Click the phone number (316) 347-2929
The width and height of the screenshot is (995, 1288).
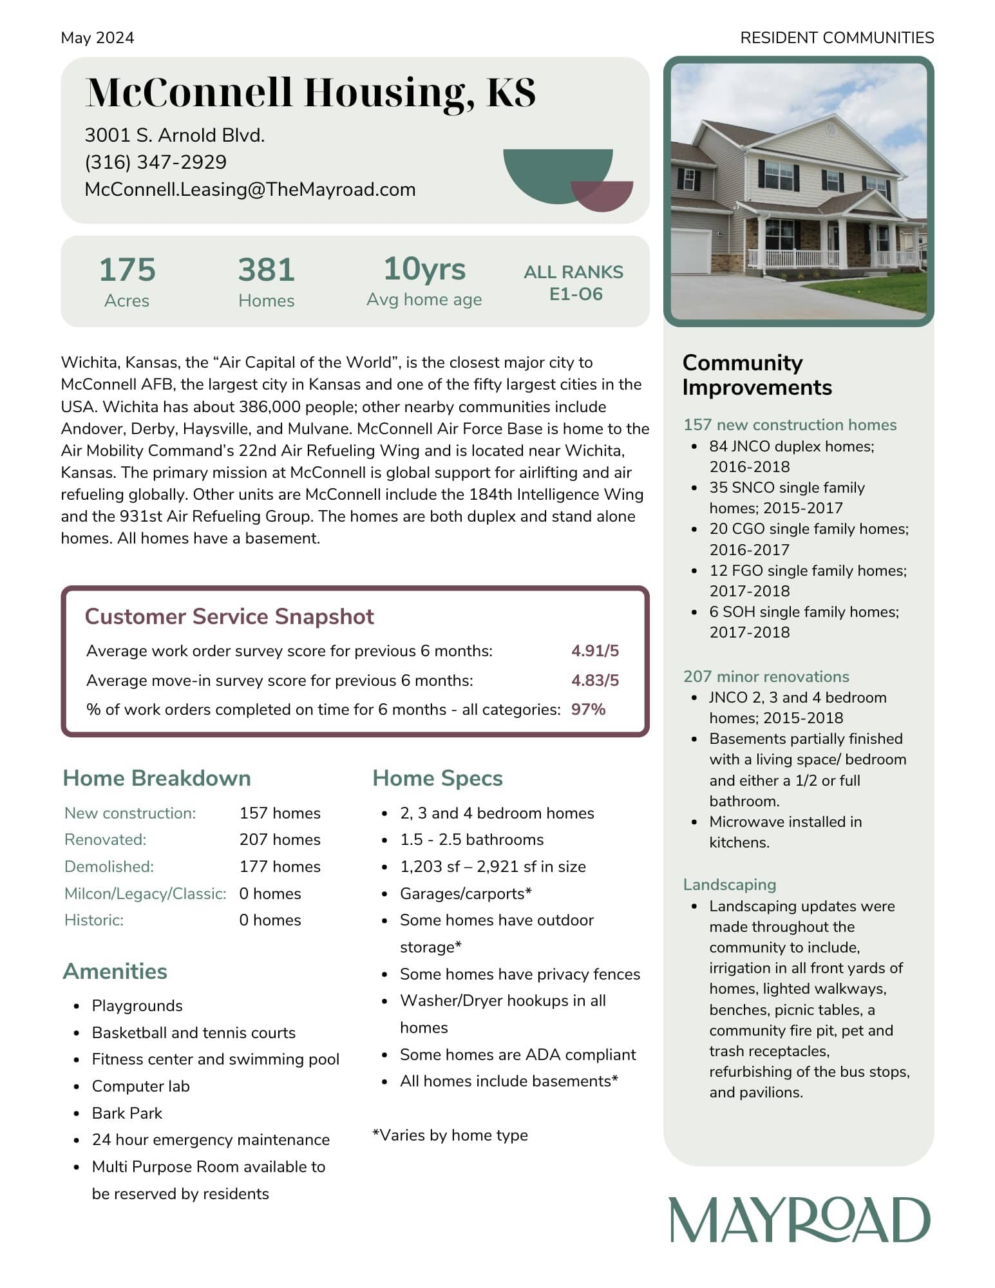(x=155, y=162)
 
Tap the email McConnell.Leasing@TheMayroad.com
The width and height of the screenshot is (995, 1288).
(x=250, y=189)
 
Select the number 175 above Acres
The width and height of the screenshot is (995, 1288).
(x=127, y=269)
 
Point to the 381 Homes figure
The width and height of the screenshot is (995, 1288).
(x=266, y=269)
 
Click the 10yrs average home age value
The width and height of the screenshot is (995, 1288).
(x=424, y=269)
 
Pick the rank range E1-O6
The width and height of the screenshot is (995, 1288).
(x=575, y=294)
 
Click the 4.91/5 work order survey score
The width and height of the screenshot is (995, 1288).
(x=594, y=650)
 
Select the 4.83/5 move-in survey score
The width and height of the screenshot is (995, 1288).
(x=594, y=680)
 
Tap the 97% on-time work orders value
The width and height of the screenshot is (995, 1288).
(x=587, y=709)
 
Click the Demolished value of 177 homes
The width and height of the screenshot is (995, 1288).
(x=280, y=866)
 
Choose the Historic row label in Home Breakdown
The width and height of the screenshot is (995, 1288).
(x=94, y=920)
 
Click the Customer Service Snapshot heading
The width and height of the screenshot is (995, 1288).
(x=229, y=616)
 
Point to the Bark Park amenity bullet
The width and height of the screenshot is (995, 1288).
(x=127, y=1113)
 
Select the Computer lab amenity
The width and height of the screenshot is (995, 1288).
(x=140, y=1086)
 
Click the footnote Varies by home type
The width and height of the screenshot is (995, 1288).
(x=450, y=1135)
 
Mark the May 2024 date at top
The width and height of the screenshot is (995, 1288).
(x=97, y=38)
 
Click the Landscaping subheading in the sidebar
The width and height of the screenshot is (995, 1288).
(x=729, y=884)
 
